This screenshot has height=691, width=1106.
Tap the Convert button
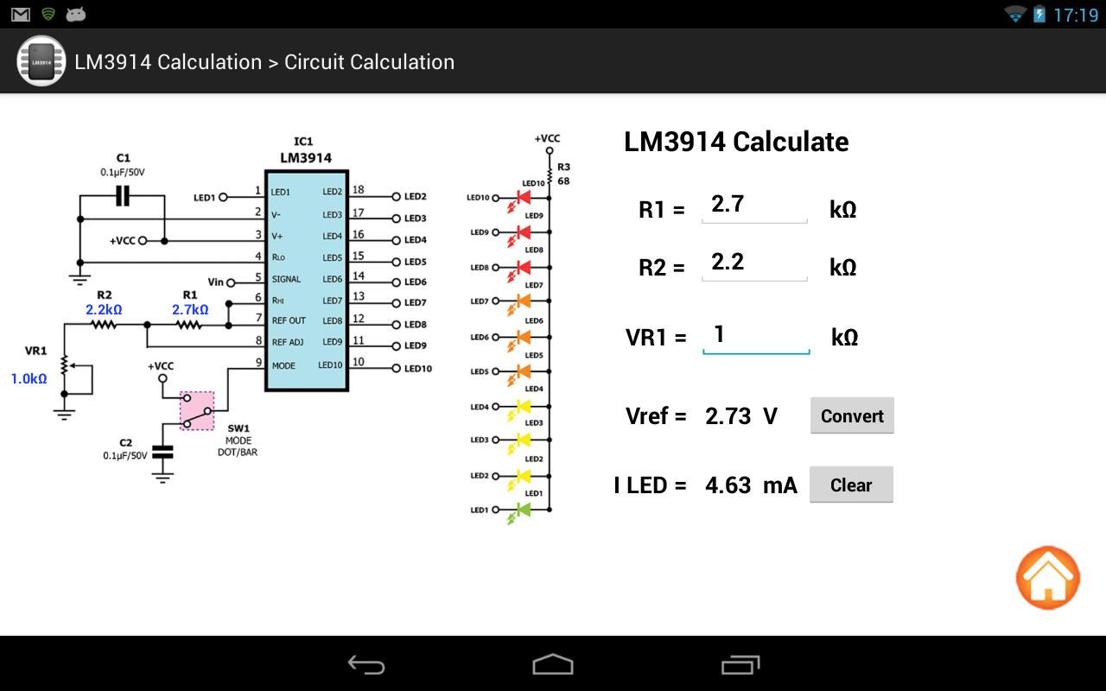[x=852, y=415]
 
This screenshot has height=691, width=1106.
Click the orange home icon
[x=1048, y=578]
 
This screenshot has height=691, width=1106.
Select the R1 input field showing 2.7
[x=754, y=206]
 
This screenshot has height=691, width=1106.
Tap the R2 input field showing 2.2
[x=754, y=264]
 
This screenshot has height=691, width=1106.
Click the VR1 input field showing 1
[x=756, y=337]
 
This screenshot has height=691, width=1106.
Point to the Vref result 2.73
[x=728, y=416]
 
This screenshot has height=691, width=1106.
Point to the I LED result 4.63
[x=728, y=485]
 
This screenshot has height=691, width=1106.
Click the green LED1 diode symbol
[x=524, y=510]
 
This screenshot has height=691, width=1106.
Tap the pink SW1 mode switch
[x=197, y=410]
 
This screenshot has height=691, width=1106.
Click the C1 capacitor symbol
[x=123, y=195]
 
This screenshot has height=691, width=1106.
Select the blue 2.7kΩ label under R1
[x=190, y=309]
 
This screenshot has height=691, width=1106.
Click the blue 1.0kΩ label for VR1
[x=29, y=378]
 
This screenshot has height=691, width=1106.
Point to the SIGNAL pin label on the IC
[x=286, y=279]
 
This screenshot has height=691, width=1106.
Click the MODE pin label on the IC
[x=283, y=365]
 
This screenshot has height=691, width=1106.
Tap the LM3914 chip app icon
[x=41, y=61]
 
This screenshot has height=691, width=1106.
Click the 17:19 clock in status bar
[x=1076, y=16]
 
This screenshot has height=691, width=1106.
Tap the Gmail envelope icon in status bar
[x=20, y=15]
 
